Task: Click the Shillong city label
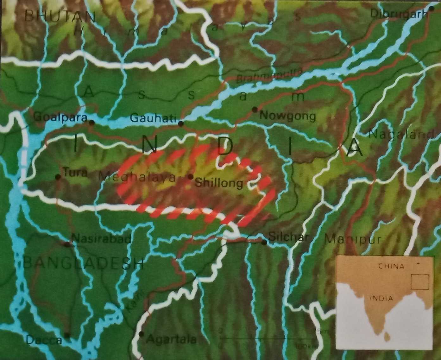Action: tap(219, 183)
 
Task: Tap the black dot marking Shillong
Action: tap(191, 176)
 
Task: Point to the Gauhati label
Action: tap(153, 118)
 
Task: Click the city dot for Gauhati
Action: tap(181, 123)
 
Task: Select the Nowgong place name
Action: tap(287, 117)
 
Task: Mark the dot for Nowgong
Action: tap(255, 110)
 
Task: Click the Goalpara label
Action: tap(60, 117)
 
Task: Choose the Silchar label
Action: tap(288, 237)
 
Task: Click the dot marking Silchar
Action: tap(264, 242)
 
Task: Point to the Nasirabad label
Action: tap(101, 238)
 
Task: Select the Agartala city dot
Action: tap(141, 334)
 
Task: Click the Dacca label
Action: tap(44, 340)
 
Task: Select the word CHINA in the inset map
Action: tap(391, 266)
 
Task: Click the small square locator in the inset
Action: tap(420, 282)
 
